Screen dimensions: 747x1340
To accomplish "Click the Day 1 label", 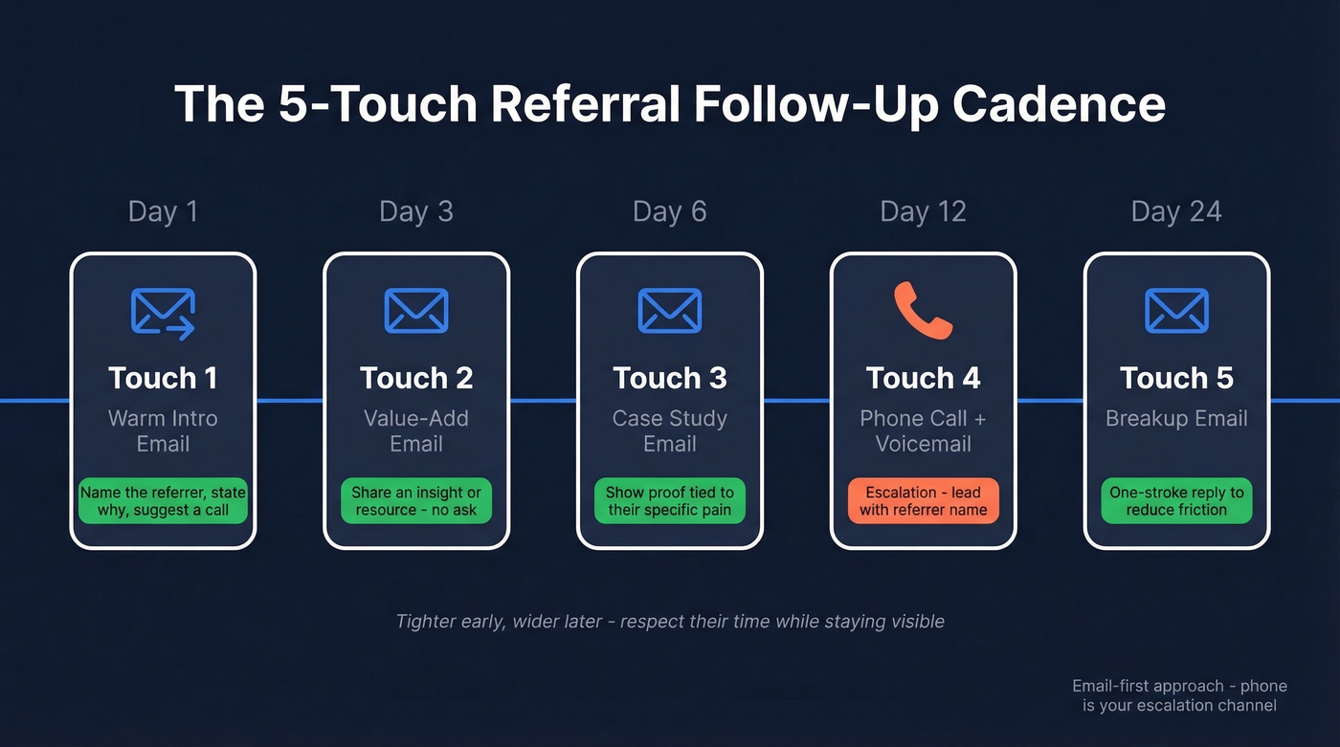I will [163, 211].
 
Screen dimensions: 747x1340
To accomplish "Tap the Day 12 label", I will [923, 211].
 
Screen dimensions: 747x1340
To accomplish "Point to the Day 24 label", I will [1176, 211].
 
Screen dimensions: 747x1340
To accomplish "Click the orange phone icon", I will [923, 310].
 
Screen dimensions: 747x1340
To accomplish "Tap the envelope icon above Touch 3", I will [669, 311].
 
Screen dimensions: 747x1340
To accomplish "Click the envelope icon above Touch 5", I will [1176, 311].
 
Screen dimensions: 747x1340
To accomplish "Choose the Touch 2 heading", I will [416, 378].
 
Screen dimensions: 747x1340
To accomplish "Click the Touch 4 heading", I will [923, 378].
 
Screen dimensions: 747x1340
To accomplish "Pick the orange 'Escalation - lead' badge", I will [923, 501].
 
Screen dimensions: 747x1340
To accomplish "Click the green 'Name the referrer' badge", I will [163, 501].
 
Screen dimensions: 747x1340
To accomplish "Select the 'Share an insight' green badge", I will [416, 501].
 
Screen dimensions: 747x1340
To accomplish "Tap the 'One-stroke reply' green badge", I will [1176, 501].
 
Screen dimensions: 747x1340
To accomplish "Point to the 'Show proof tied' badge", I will [669, 501].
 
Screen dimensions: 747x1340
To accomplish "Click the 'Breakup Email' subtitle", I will [1176, 419].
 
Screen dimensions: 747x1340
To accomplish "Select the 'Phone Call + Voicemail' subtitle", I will [923, 431].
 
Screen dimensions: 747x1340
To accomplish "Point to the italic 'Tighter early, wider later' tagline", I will [670, 622].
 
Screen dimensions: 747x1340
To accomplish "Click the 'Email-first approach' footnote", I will [1179, 695].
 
